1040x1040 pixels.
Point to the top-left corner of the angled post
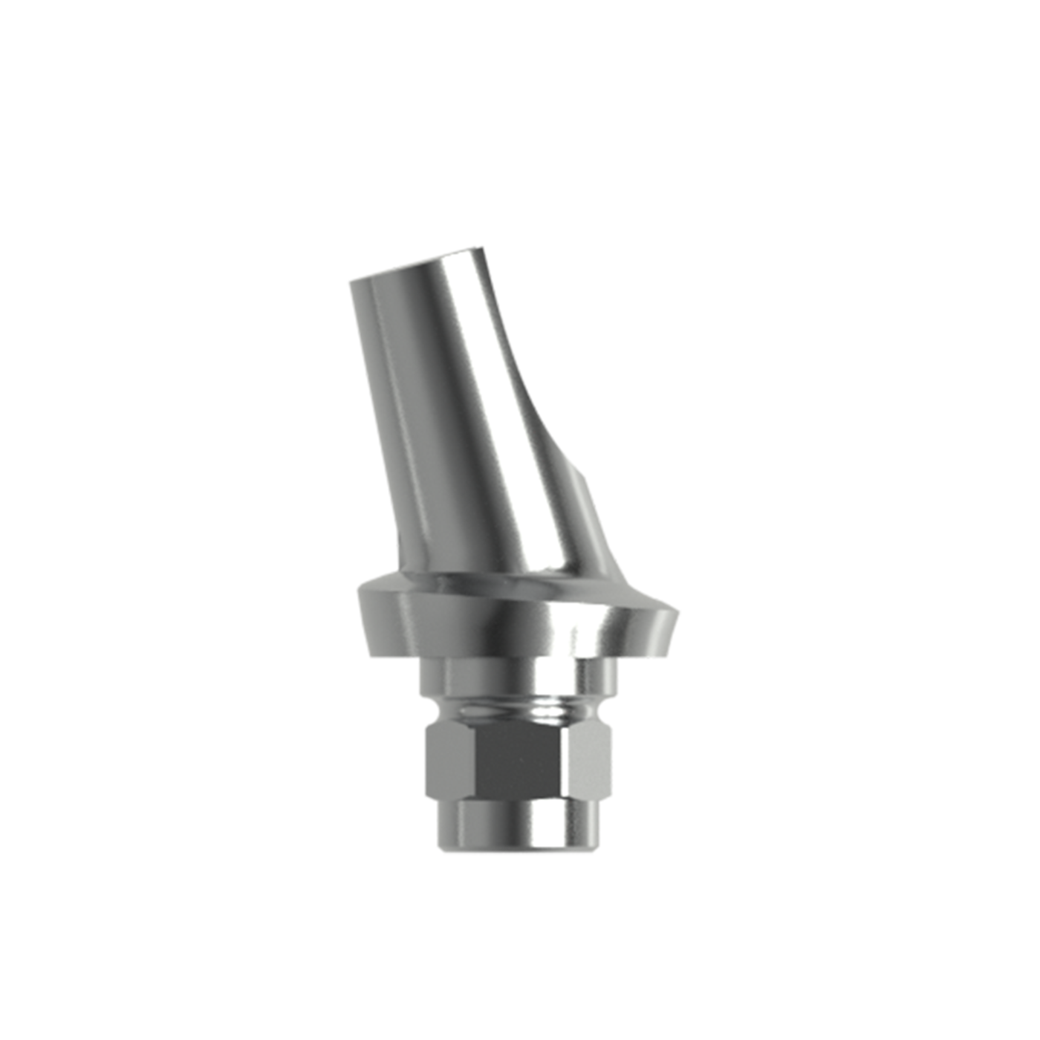[x=349, y=282]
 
